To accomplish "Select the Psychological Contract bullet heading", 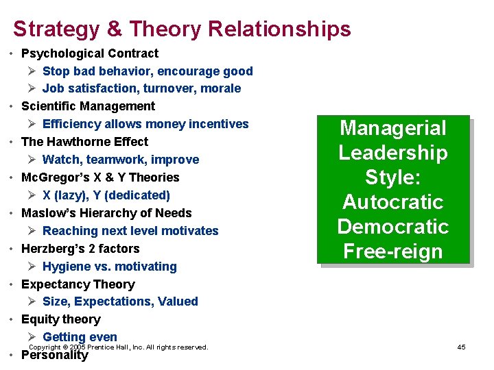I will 90,53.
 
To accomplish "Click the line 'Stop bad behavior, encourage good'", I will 148,71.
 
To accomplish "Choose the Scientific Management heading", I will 89,106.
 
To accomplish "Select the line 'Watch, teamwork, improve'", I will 121,160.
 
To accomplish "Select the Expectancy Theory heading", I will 78,284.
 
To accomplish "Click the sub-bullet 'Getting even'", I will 80,337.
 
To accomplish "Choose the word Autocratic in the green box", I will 392,202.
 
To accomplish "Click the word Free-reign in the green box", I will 392,251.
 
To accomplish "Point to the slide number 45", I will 461,347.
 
